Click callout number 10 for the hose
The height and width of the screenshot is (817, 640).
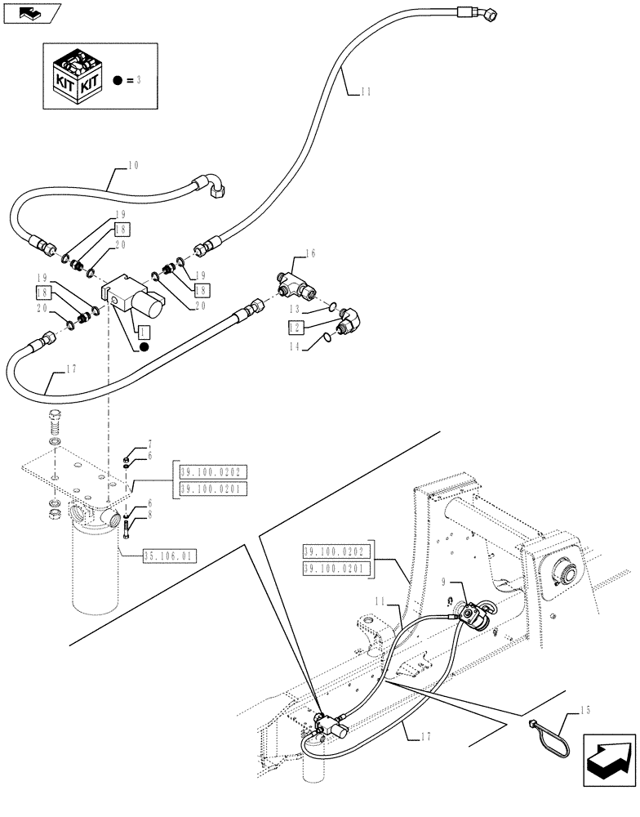(x=133, y=165)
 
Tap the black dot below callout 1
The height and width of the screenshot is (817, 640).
(x=144, y=347)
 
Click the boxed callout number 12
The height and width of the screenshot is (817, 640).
(x=295, y=327)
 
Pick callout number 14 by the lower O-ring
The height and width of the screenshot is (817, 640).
(x=295, y=346)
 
